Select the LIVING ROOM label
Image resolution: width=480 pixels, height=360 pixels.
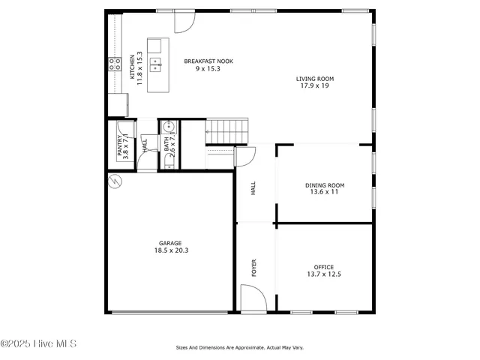314,78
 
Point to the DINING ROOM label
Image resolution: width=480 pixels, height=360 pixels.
325,184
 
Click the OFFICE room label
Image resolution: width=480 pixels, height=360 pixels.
324,267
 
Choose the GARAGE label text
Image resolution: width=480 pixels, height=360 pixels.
170,243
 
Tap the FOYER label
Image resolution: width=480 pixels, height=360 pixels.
253,268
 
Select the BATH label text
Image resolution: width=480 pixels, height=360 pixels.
167,142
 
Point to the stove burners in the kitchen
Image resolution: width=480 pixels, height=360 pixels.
115,64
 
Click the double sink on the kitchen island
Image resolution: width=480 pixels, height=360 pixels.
155,61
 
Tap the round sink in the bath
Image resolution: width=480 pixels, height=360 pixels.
169,126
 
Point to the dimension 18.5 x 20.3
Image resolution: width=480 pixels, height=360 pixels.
170,250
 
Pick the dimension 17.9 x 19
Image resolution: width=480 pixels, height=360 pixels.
314,85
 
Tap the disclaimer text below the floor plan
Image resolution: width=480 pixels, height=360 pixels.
239,347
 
